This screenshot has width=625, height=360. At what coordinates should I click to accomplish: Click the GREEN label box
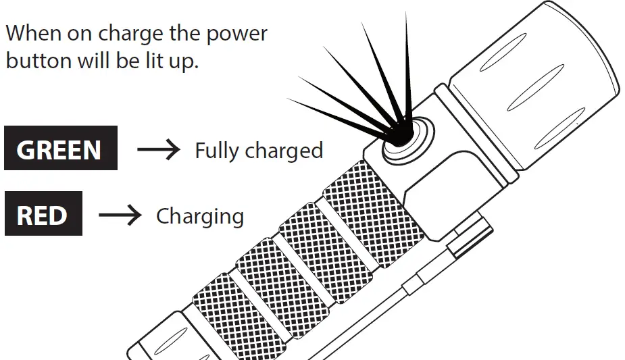tap(61, 148)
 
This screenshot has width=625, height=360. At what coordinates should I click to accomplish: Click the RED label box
tap(43, 213)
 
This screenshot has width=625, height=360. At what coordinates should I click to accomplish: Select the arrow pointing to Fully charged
tap(158, 149)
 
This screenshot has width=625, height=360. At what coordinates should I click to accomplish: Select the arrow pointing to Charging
tap(120, 215)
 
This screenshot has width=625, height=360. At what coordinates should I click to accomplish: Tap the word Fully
tap(218, 151)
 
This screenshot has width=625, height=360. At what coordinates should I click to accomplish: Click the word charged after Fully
tap(284, 150)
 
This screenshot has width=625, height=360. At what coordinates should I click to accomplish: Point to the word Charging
tap(200, 217)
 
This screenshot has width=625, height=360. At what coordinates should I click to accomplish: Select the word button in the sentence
tap(39, 61)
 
